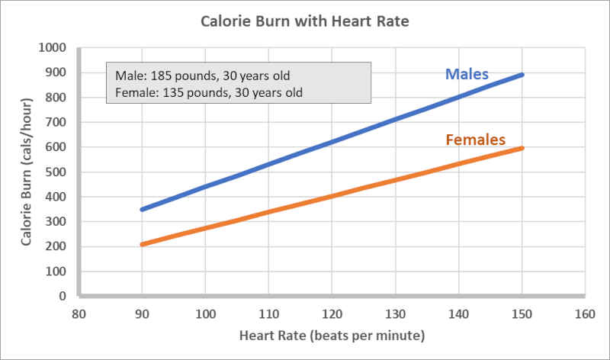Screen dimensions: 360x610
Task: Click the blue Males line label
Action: (467, 75)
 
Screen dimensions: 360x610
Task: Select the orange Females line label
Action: (475, 140)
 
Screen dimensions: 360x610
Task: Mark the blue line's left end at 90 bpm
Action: (143, 209)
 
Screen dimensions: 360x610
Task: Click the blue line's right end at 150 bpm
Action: (522, 75)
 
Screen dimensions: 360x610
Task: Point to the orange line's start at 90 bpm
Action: (143, 244)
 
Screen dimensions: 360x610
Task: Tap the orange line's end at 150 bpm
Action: (522, 148)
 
